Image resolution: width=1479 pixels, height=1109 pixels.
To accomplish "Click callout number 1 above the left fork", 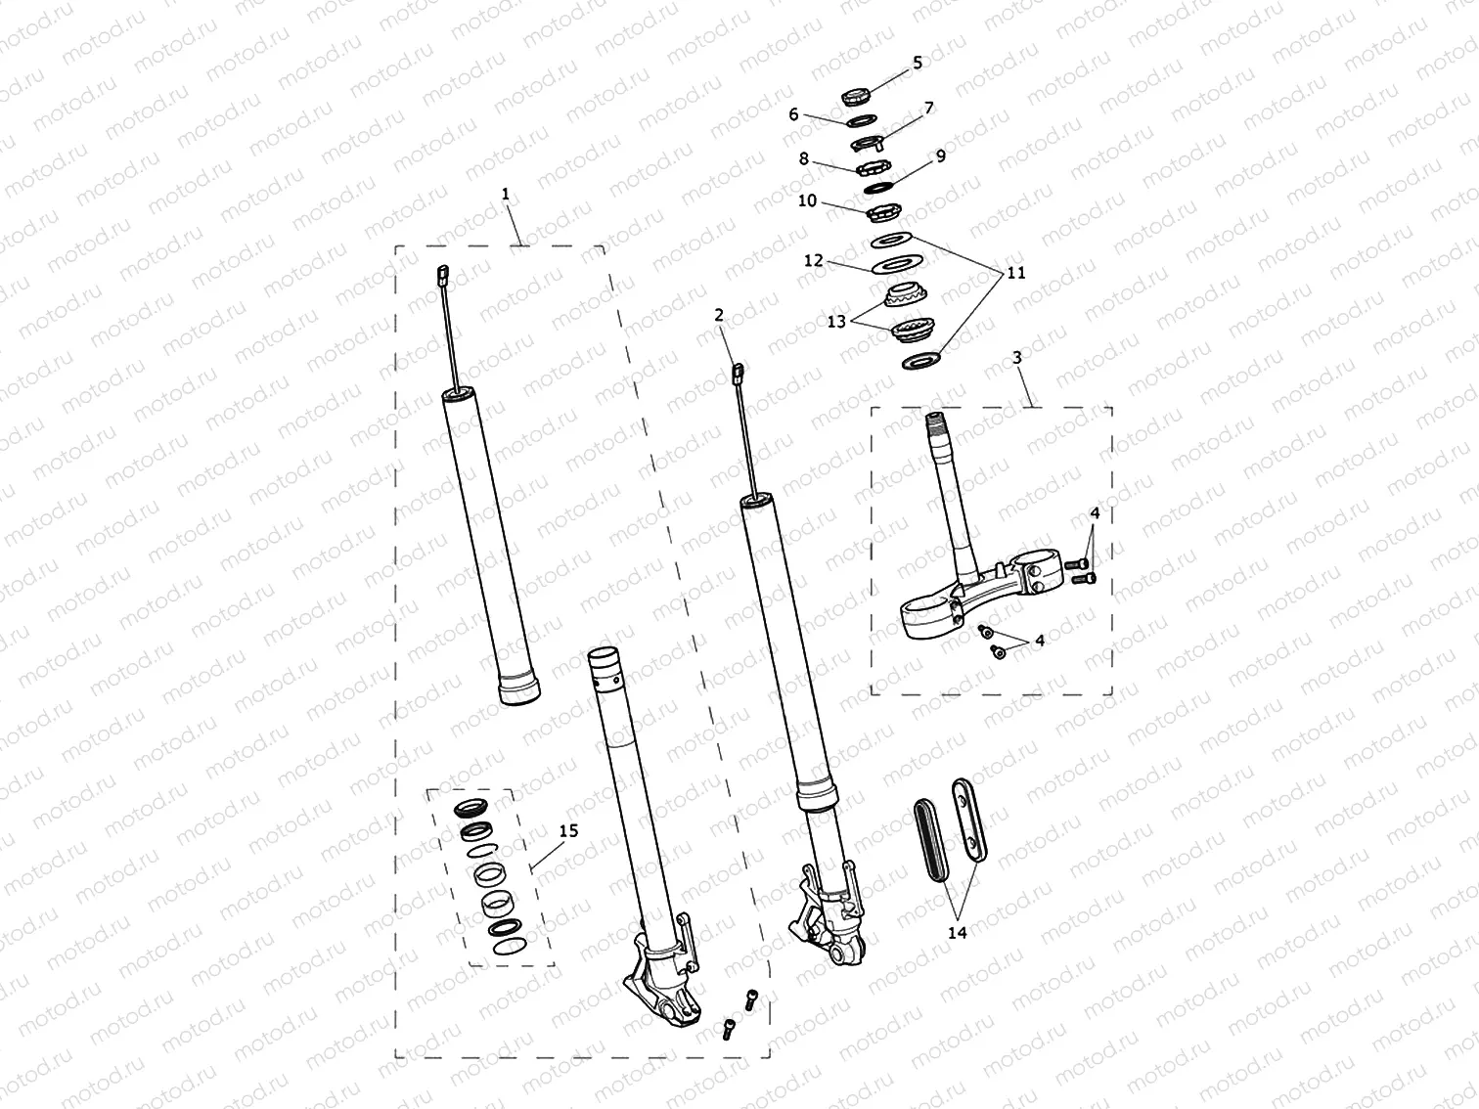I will [505, 195].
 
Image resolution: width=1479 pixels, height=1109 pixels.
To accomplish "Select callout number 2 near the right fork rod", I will [719, 315].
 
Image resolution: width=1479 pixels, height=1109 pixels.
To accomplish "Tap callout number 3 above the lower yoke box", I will [1017, 358].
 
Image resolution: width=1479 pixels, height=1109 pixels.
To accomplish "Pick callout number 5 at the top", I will [917, 63].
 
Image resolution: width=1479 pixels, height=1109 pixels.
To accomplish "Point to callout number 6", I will [794, 114].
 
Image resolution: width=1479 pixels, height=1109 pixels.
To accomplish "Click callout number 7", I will [928, 108].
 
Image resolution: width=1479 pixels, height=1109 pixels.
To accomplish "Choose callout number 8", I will [803, 157].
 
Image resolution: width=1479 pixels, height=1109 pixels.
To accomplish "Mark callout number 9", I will [940, 155].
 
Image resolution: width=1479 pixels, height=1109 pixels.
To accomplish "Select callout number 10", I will [807, 201].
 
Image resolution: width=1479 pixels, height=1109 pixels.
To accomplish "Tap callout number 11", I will [1016, 273].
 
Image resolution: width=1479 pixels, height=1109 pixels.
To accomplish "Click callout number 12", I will [814, 261].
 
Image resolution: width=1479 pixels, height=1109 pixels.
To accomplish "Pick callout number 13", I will [836, 322].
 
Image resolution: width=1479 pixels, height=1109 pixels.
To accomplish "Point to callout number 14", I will [957, 933].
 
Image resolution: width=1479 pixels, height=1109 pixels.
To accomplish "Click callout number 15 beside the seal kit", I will [568, 830].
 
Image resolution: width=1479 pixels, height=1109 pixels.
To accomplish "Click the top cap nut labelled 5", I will [857, 96].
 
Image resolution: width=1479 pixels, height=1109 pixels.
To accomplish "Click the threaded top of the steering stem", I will [936, 423].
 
